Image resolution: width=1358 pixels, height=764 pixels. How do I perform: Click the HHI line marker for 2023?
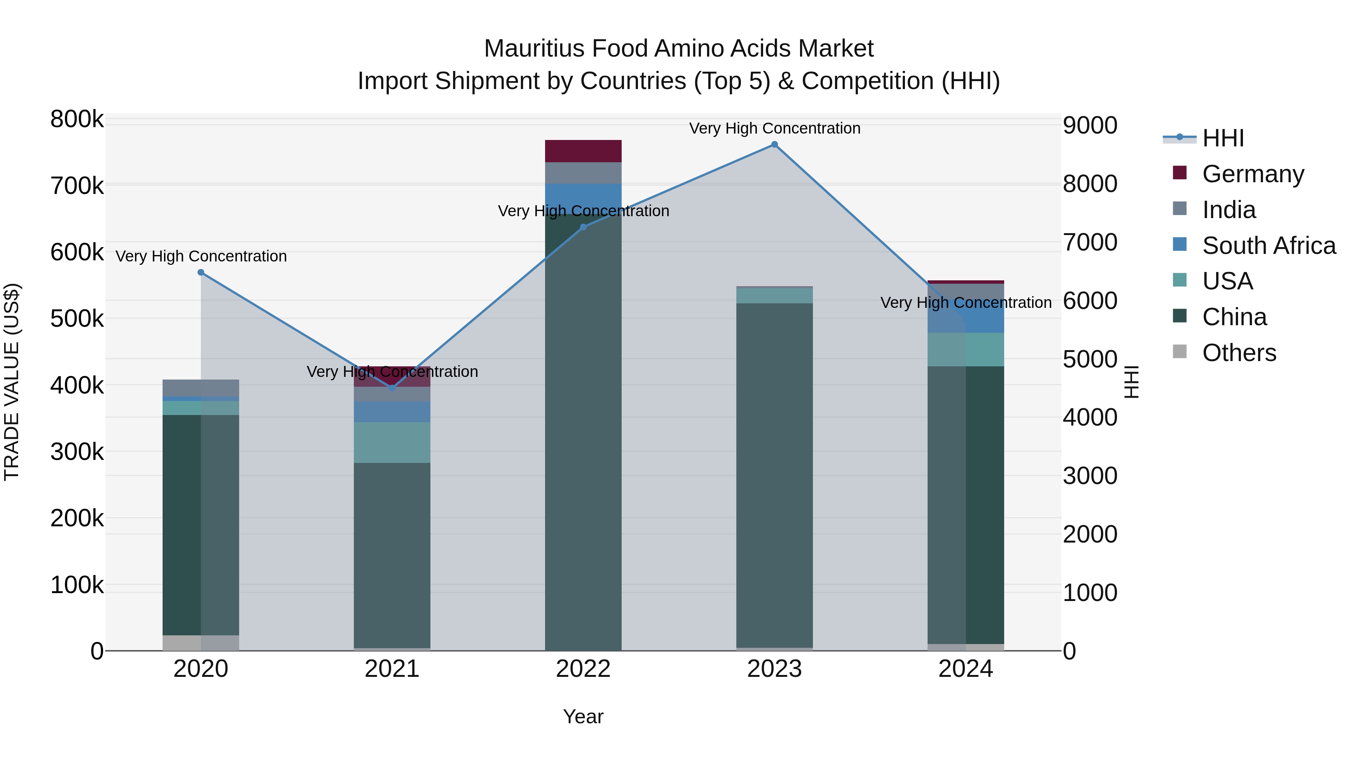(x=774, y=144)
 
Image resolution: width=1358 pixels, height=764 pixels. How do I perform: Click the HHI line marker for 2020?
(x=201, y=273)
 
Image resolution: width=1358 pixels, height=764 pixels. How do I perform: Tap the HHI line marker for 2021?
(x=392, y=389)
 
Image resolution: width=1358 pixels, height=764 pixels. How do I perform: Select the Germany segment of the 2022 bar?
(x=583, y=151)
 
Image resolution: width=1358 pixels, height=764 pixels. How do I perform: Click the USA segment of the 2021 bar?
(x=392, y=443)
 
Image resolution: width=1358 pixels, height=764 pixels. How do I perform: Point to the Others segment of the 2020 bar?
(x=201, y=643)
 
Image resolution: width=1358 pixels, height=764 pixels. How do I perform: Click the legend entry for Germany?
(x=1252, y=174)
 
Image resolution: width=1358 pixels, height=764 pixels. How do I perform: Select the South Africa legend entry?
(x=1268, y=246)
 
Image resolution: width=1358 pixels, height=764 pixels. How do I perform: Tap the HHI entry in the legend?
(x=1223, y=138)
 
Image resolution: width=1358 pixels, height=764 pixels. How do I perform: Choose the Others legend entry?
(x=1239, y=353)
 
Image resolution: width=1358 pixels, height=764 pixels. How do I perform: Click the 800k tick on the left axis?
(x=77, y=120)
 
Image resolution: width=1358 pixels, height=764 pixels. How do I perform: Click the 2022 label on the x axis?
(x=583, y=669)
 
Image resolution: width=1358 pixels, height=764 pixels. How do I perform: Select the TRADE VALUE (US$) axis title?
(x=12, y=382)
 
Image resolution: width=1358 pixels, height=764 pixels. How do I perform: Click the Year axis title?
(x=583, y=716)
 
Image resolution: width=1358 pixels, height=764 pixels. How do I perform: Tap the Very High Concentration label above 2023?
(x=774, y=128)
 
